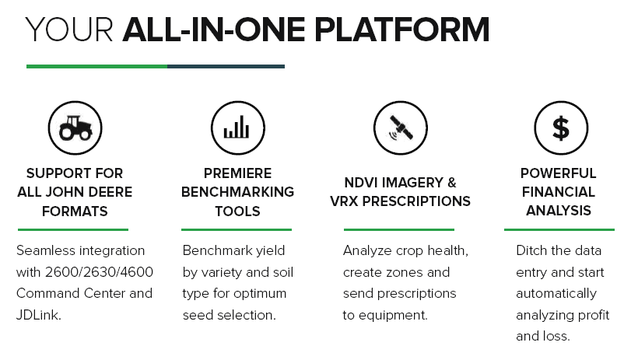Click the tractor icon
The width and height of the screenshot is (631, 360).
tap(75, 128)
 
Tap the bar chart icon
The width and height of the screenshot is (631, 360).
tap(237, 127)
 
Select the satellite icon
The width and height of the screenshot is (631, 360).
tap(400, 128)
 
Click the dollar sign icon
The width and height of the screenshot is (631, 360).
tap(560, 128)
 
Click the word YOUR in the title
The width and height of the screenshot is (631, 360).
tap(69, 30)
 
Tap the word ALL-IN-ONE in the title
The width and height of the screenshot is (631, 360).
tap(214, 30)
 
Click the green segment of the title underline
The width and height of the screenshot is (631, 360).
tap(96, 66)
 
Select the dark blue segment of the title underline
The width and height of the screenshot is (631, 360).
tap(226, 66)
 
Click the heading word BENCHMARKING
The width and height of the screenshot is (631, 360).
tap(237, 192)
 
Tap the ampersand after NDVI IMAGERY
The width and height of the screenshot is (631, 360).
tap(451, 183)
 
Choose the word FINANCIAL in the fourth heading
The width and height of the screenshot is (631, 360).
tap(559, 192)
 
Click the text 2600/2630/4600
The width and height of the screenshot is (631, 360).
tap(99, 272)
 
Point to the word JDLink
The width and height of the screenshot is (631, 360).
tap(39, 315)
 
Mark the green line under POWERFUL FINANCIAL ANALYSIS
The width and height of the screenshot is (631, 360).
tap(559, 229)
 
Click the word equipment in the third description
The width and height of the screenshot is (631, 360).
tap(393, 316)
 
